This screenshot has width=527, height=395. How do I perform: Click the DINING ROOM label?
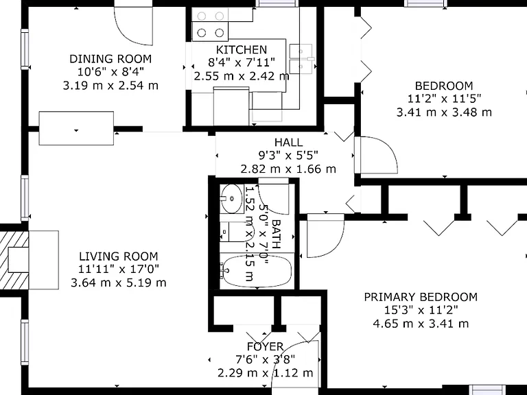tap(110, 59)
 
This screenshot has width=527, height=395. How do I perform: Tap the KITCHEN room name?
tap(242, 49)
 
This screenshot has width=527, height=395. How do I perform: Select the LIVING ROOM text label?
tap(118, 256)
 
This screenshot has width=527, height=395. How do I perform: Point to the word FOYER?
tap(265, 346)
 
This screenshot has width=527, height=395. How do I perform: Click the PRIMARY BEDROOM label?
tap(421, 297)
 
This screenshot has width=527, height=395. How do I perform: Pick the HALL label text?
tap(288, 142)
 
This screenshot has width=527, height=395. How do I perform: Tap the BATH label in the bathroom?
tap(276, 234)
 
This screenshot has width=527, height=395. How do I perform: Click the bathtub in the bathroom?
tap(256, 272)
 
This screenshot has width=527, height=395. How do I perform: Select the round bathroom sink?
tap(231, 198)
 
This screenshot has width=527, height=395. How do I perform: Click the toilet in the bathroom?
tap(237, 232)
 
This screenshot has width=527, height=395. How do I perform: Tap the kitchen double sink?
tap(301, 59)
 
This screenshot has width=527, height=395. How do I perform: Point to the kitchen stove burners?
tap(210, 24)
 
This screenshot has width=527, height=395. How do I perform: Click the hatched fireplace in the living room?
tap(14, 260)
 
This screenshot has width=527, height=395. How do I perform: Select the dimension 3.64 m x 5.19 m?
tap(118, 283)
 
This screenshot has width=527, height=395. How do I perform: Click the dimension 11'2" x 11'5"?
tap(445, 99)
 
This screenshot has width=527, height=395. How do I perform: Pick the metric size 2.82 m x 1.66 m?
tap(288, 169)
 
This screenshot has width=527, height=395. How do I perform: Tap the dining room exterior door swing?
tap(133, 26)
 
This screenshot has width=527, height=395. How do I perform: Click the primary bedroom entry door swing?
tap(325, 236)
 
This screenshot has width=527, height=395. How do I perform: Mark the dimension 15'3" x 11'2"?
tap(421, 311)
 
